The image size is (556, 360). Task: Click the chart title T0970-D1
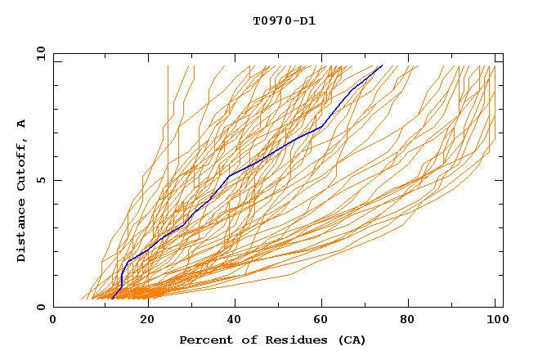(x=284, y=21)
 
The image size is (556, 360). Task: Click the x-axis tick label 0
(x=53, y=322)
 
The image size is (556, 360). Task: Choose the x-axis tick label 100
(x=495, y=322)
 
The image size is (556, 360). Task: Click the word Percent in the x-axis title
(x=203, y=340)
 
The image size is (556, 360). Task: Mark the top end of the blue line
(x=382, y=65)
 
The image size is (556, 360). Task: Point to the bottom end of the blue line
(x=113, y=297)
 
